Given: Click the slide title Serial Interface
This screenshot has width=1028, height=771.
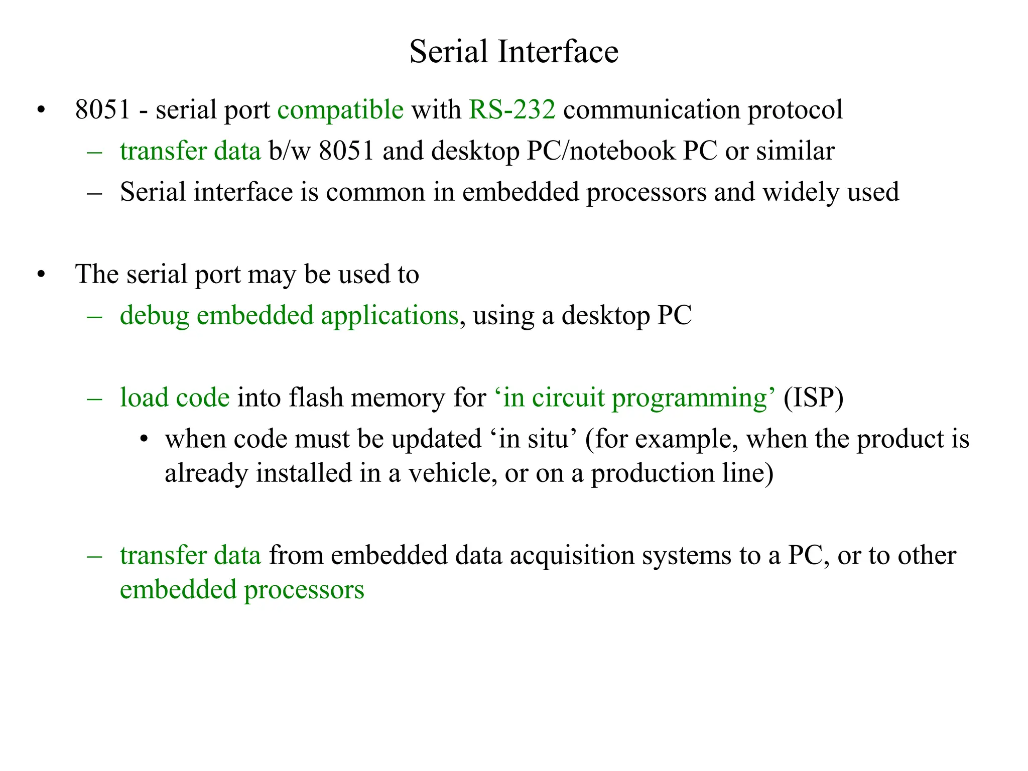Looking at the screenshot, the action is pyautogui.click(x=513, y=52).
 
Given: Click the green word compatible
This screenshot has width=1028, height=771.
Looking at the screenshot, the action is pyautogui.click(x=340, y=110).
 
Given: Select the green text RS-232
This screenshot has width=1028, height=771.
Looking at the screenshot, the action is pyautogui.click(x=512, y=110).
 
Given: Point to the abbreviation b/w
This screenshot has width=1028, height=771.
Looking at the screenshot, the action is pyautogui.click(x=290, y=151).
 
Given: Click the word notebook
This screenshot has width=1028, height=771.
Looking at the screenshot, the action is pyautogui.click(x=622, y=151).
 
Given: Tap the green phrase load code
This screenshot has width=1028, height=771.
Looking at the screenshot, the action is pyautogui.click(x=175, y=398).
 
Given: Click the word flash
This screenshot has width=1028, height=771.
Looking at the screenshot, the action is pyautogui.click(x=316, y=398).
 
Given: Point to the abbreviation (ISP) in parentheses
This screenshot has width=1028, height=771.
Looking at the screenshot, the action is pyautogui.click(x=813, y=398).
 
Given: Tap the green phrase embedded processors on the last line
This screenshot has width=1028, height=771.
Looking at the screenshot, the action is pyautogui.click(x=242, y=590).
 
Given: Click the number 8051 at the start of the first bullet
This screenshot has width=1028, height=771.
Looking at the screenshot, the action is pyautogui.click(x=102, y=110).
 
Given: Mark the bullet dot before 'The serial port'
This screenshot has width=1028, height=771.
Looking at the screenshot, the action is pyautogui.click(x=41, y=275).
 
